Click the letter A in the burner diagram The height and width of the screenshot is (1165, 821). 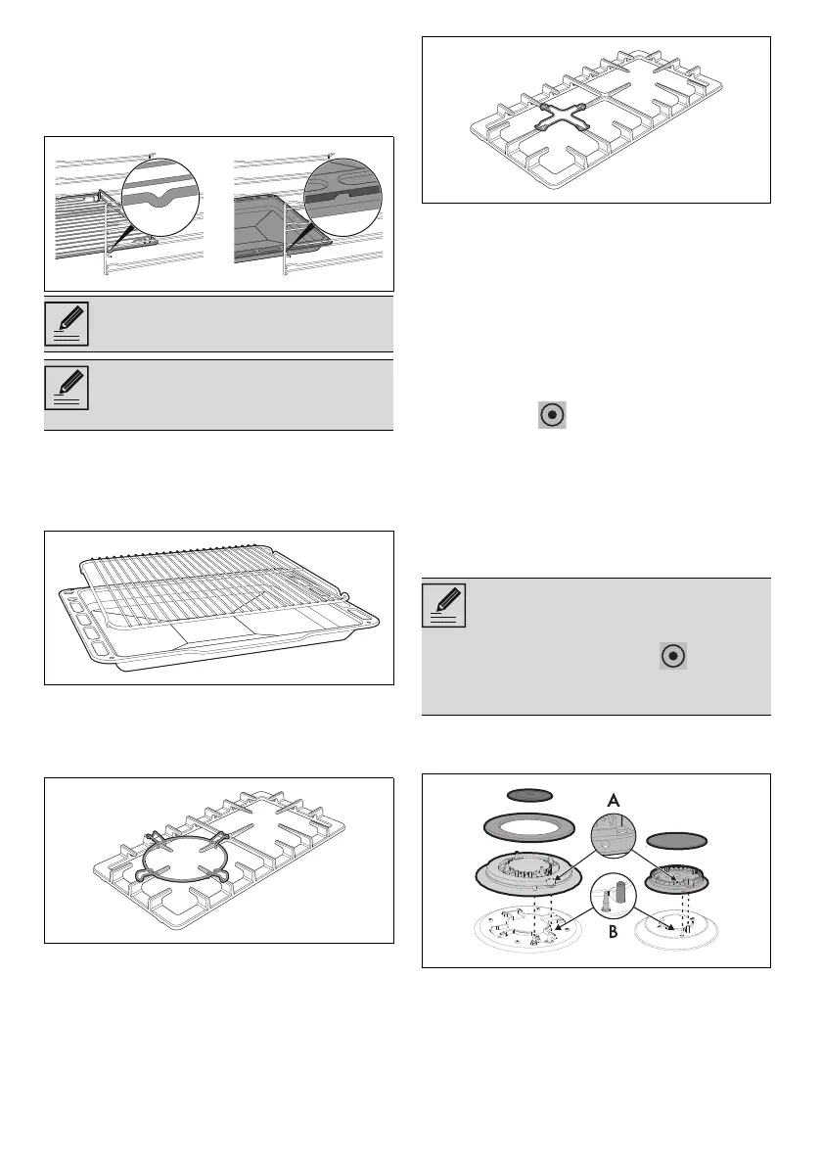coord(614,800)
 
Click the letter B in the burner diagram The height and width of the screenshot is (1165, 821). coord(614,933)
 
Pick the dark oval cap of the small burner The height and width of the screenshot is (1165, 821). coord(676,839)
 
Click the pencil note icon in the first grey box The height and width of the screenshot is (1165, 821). coord(67,324)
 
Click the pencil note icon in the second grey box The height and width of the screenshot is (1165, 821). coord(67,389)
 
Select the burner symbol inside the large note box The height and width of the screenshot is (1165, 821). coord(672,657)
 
